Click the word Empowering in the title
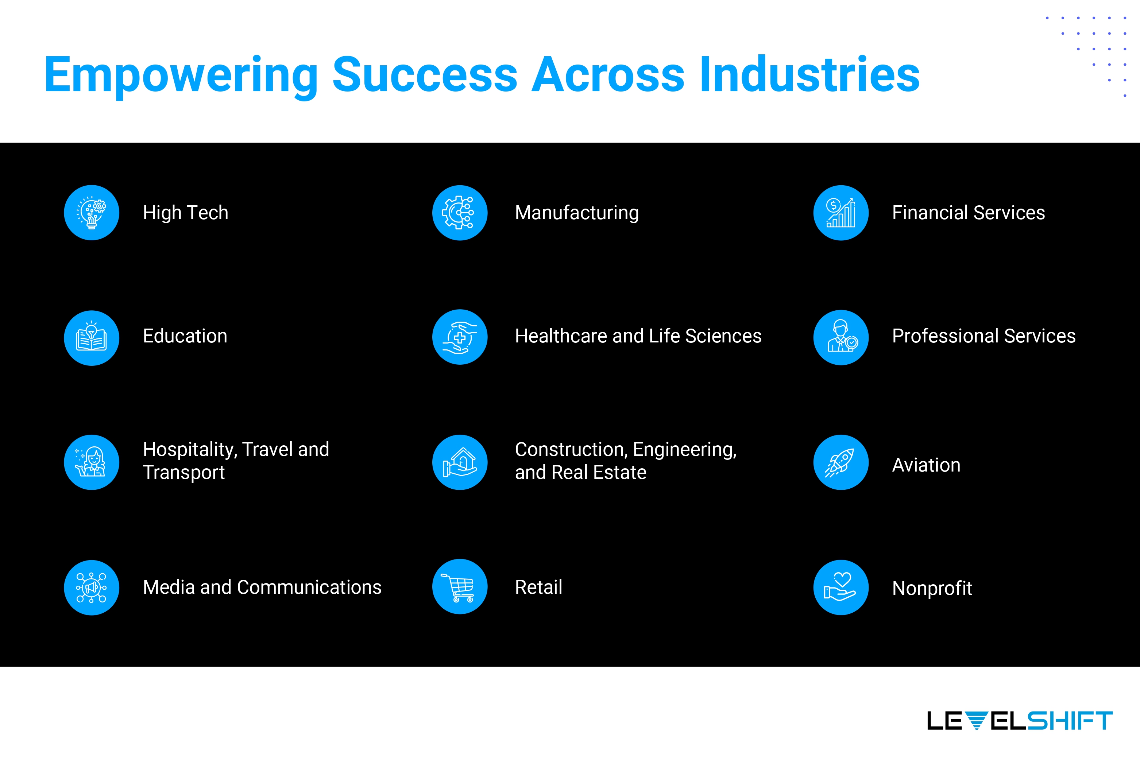click(181, 75)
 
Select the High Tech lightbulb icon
click(92, 213)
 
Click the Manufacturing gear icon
click(460, 213)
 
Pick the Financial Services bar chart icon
click(841, 213)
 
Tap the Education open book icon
click(92, 338)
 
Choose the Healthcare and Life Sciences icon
click(460, 337)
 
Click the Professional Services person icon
click(841, 337)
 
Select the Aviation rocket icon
click(841, 462)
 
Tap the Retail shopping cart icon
click(460, 586)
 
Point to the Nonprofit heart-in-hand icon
click(841, 588)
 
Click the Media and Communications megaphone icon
click(92, 588)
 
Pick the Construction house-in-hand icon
click(460, 462)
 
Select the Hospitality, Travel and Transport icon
click(92, 462)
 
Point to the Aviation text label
click(926, 465)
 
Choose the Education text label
click(185, 336)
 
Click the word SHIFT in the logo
click(1070, 721)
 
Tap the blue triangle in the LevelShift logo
click(976, 721)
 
